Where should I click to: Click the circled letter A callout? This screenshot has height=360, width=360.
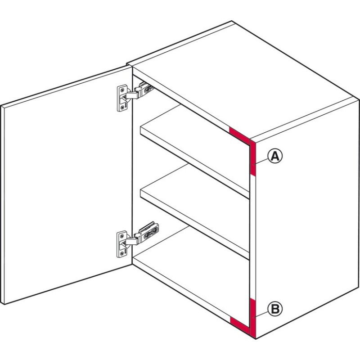(x=275, y=156)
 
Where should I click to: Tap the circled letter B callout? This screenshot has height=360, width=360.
(x=275, y=309)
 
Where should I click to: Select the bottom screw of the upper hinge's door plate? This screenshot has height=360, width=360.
(x=122, y=107)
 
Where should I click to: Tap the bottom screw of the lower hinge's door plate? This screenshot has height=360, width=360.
(x=121, y=253)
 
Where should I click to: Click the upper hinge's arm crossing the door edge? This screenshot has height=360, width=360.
(x=132, y=95)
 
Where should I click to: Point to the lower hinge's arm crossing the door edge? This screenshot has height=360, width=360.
(x=131, y=241)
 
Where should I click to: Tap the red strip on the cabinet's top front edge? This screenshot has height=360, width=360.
(x=239, y=136)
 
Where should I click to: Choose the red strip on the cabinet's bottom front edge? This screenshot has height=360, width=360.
(x=240, y=325)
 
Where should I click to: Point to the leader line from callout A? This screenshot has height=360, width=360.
(x=261, y=162)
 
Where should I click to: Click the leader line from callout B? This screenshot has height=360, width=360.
(x=261, y=315)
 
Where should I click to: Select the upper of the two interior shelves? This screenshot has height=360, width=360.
(x=195, y=152)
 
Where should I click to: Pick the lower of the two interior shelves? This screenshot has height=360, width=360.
(x=195, y=211)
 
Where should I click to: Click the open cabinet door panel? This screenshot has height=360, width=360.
(x=67, y=185)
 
